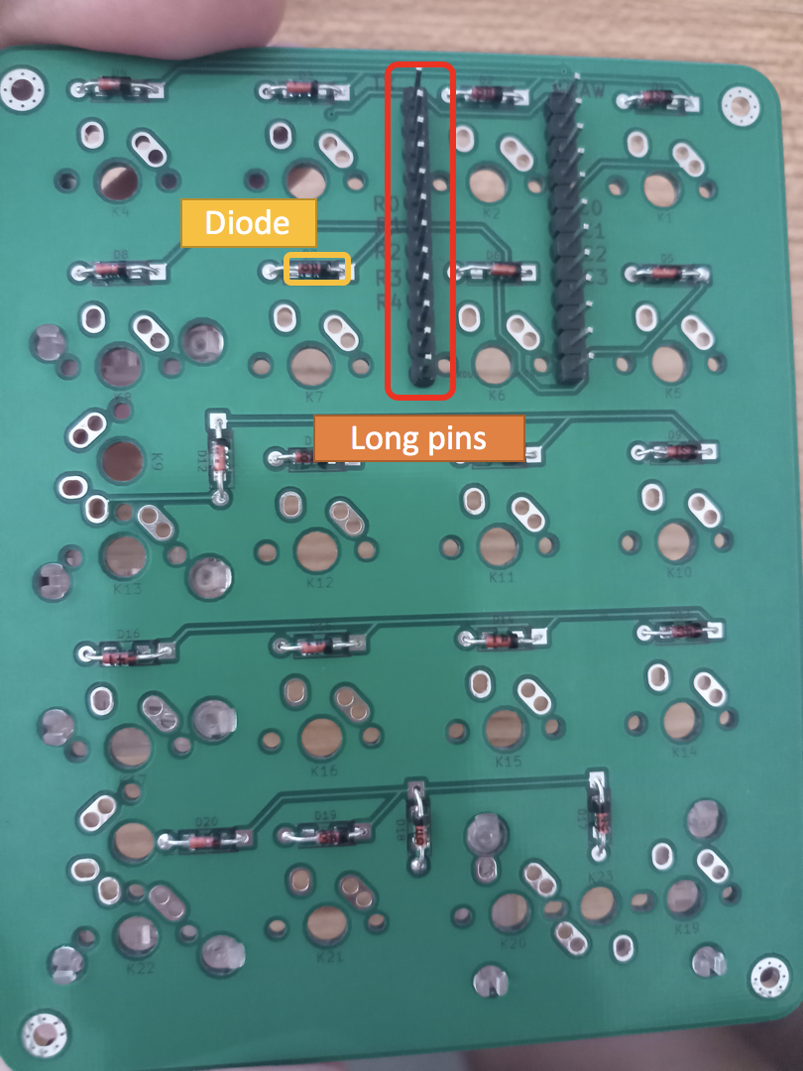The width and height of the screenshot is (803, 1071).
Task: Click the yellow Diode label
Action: tap(247, 223)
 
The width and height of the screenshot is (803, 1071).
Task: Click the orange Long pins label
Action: tap(418, 437)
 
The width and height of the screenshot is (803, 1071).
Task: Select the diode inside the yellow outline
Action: tap(317, 269)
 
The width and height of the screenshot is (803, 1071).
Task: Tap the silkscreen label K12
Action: tap(320, 582)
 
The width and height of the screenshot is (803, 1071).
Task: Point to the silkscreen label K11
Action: tap(503, 576)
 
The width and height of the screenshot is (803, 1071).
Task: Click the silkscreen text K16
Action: tap(324, 771)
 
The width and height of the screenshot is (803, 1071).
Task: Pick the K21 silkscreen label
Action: tap(329, 958)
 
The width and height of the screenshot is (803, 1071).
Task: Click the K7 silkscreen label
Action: tap(315, 396)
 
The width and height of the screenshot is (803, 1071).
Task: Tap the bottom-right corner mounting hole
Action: tap(769, 978)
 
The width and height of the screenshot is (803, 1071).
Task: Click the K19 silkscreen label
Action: tap(687, 929)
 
